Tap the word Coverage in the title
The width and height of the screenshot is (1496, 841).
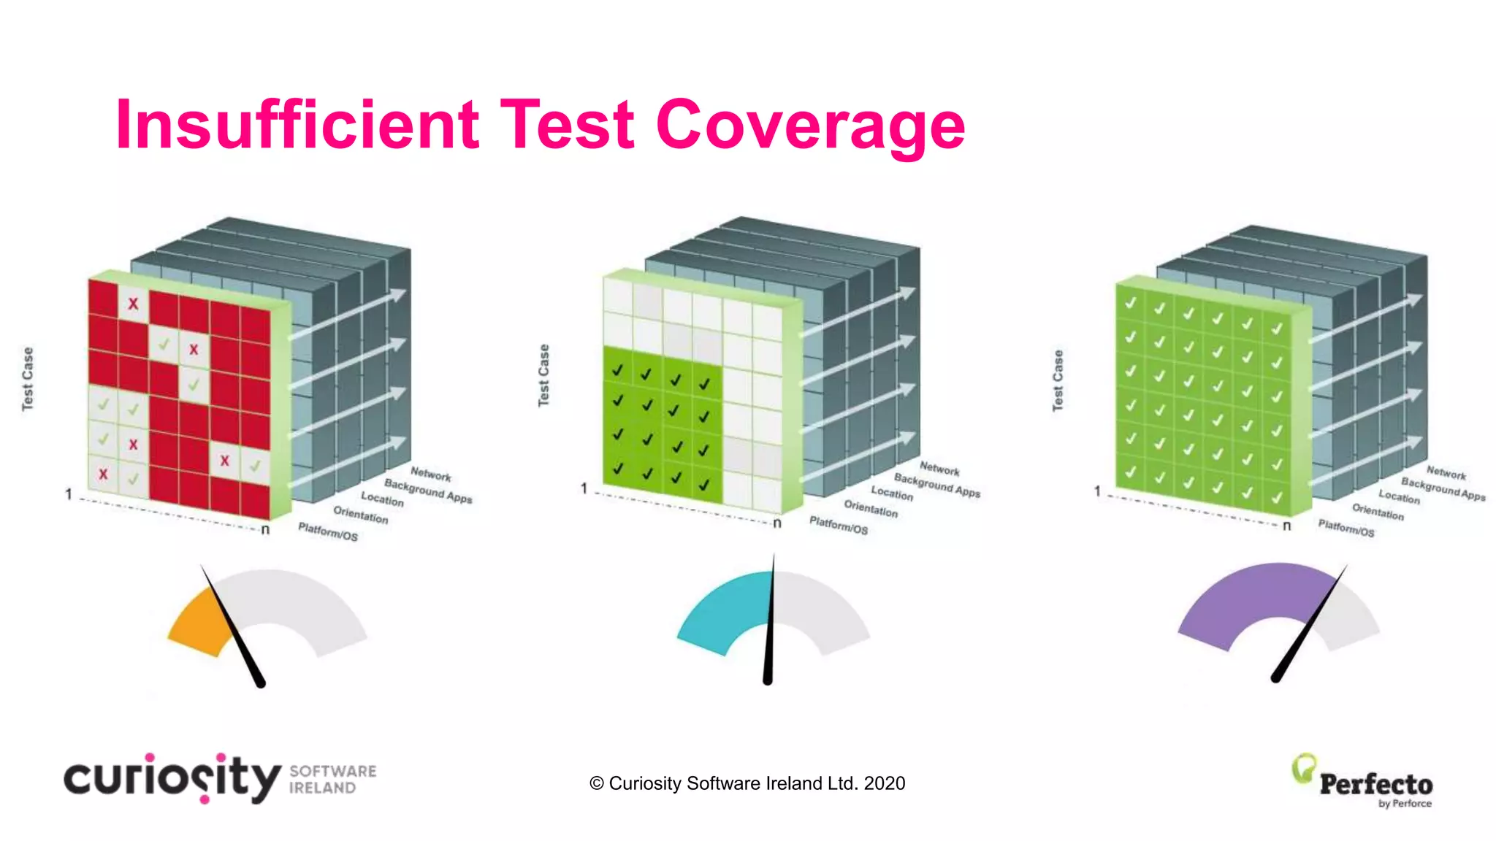click(x=811, y=126)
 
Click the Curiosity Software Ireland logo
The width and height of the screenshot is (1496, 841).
click(x=219, y=778)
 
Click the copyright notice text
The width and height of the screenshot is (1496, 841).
click(x=747, y=783)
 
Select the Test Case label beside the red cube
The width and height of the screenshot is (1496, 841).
click(x=28, y=379)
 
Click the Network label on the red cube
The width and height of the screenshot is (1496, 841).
click(x=431, y=475)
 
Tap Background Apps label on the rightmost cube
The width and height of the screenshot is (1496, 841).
click(x=1443, y=489)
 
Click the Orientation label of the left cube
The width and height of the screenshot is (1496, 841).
click(x=361, y=515)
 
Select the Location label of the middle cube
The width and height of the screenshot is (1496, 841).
click(x=892, y=494)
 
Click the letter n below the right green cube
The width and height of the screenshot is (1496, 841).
click(x=1287, y=526)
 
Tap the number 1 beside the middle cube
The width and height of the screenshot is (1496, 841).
click(x=584, y=488)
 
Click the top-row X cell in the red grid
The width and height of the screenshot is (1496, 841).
click(x=133, y=303)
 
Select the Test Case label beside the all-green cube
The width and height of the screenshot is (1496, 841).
click(x=1058, y=380)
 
